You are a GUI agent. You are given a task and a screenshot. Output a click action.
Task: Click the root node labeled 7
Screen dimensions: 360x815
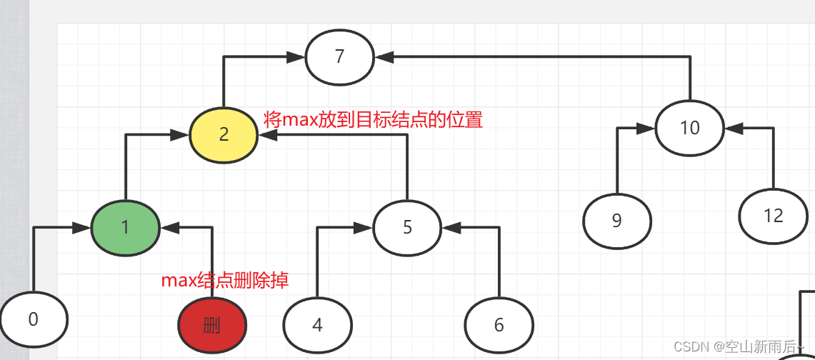[x=340, y=57]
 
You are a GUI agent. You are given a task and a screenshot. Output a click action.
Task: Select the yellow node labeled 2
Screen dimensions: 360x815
[x=224, y=134]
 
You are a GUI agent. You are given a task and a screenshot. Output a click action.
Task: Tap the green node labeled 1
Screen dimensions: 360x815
[x=125, y=228]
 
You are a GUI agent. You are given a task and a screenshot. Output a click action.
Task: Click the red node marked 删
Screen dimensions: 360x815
[x=212, y=326]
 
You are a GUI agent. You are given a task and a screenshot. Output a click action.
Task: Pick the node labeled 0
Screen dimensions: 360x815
[x=34, y=319]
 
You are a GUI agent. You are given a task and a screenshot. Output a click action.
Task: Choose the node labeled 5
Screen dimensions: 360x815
[x=407, y=228]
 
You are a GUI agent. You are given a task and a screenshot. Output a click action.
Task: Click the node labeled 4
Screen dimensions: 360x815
[x=317, y=326]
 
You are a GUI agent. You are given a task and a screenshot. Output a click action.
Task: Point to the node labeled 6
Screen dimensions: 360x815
[x=499, y=326]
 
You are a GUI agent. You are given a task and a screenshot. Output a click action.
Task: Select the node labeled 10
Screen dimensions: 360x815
[x=689, y=129]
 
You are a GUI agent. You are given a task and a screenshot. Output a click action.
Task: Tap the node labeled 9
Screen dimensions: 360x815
[x=617, y=221]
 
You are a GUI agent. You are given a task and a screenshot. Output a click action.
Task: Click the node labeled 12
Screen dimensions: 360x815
[x=773, y=216]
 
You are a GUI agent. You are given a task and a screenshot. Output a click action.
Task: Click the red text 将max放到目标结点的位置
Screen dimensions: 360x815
[x=373, y=119]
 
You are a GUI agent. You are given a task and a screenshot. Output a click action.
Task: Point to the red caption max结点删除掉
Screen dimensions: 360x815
[x=225, y=280]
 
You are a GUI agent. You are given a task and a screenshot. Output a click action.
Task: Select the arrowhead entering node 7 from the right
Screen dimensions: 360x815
[x=384, y=56]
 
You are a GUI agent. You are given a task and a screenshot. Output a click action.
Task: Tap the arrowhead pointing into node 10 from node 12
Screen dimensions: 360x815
[x=734, y=129]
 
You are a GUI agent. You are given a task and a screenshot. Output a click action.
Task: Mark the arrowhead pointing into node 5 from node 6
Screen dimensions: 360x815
[x=451, y=228]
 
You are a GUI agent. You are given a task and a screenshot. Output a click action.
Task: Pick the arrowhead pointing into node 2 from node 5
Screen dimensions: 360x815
[x=266, y=134]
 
